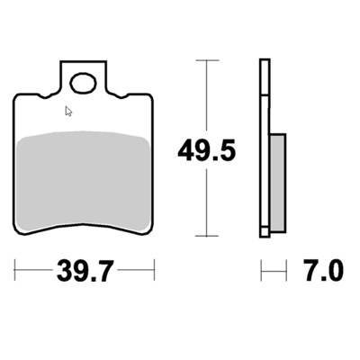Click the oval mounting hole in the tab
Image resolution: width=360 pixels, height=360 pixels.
(84, 85)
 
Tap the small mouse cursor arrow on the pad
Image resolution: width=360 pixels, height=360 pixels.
(67, 112)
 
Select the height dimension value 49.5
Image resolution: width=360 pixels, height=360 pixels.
(206, 150)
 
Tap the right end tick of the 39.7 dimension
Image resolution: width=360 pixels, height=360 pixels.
(155, 269)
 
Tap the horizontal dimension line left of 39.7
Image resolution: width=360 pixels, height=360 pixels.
(36, 269)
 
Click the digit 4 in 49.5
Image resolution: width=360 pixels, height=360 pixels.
(184, 150)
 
